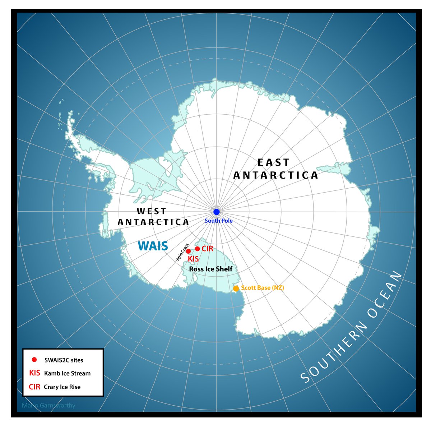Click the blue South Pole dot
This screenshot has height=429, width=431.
coord(216,212)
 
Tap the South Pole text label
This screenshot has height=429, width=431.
coord(218,221)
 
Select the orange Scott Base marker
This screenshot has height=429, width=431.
coord(236,288)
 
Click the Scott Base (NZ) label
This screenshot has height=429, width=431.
coord(263,288)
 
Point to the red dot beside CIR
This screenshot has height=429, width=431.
coord(197,249)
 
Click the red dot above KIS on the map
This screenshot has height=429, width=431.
coord(188,251)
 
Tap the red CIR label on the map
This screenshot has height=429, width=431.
coord(207,249)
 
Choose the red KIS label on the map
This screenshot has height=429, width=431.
coord(193,259)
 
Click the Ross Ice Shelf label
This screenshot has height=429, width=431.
coord(210,269)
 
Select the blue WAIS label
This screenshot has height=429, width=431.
coord(153,246)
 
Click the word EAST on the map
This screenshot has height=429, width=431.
coord(274,163)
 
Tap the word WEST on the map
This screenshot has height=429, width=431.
coord(151,211)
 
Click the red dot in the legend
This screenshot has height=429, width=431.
coord(34,359)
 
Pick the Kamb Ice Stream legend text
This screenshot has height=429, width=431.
coord(67,373)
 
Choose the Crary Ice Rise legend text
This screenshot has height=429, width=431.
coord(62,387)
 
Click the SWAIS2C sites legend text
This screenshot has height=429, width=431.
coord(64,360)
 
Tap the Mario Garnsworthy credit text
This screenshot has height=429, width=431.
coord(48,406)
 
